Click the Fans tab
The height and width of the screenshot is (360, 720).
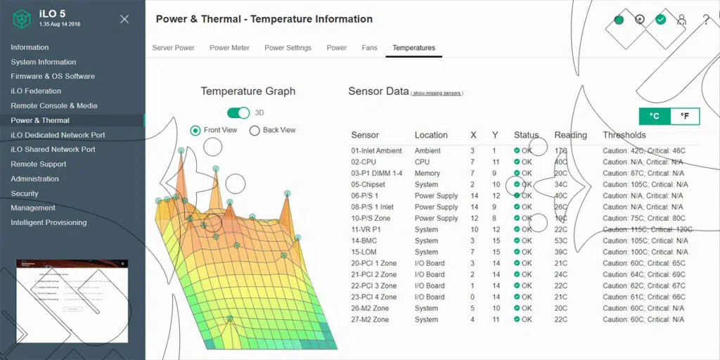tap(369, 48)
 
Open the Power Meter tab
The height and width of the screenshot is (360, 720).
tap(229, 48)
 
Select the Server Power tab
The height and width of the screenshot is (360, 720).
tap(174, 48)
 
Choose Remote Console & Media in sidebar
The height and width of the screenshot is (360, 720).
tap(54, 105)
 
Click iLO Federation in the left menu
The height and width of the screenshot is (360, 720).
tap(36, 91)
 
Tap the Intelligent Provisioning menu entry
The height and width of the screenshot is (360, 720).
tap(49, 222)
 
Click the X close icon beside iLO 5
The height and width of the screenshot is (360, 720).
tap(124, 19)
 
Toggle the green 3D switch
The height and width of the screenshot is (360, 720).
tap(238, 112)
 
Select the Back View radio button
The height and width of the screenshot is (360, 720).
tap(255, 130)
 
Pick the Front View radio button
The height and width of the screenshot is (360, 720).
tap(195, 130)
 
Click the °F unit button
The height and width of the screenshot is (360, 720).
tap(685, 116)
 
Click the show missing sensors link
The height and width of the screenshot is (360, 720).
tap(437, 93)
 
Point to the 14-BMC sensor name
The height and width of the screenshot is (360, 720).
tap(366, 240)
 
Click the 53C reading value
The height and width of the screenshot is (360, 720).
tap(560, 240)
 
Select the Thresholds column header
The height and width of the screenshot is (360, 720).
tap(624, 135)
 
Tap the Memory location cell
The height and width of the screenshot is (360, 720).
tap(427, 173)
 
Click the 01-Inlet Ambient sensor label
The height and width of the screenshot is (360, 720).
tap(376, 150)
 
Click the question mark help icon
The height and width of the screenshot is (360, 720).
tap(706, 20)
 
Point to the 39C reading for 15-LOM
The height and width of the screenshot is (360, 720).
tap(560, 252)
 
